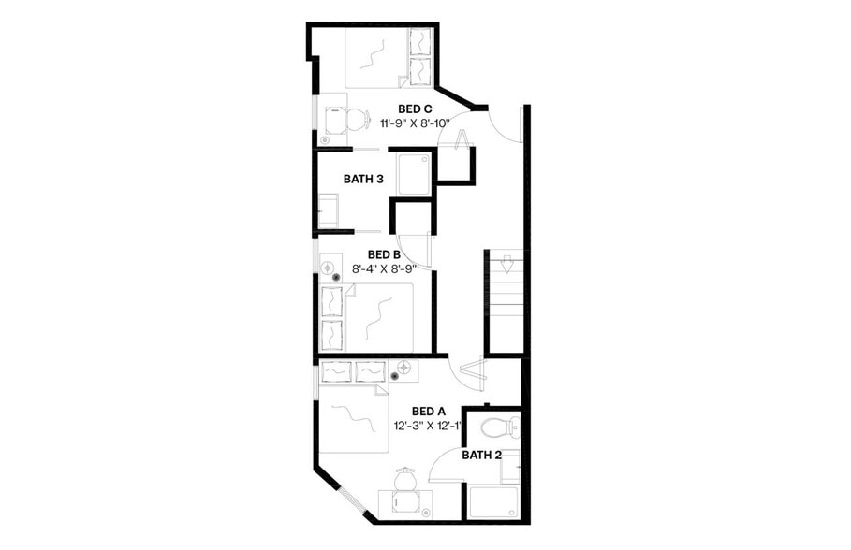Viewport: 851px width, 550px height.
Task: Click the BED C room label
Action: (415, 109)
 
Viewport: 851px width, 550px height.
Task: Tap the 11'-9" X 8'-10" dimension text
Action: (416, 123)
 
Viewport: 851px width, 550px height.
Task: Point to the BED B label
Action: (384, 254)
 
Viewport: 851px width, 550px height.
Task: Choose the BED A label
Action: (429, 412)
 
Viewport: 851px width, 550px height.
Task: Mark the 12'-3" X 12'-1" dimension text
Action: (429, 427)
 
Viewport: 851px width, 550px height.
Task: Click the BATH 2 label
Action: (482, 456)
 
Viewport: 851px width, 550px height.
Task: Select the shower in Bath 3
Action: (415, 175)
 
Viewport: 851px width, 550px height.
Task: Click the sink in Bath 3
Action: (330, 208)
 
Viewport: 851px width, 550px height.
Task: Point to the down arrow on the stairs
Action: (503, 264)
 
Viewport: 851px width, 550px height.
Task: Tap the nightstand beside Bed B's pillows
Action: (331, 269)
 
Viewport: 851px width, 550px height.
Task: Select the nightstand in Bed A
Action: (403, 371)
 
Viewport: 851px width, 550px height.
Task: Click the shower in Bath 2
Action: (492, 503)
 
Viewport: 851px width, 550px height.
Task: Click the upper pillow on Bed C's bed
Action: (420, 43)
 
